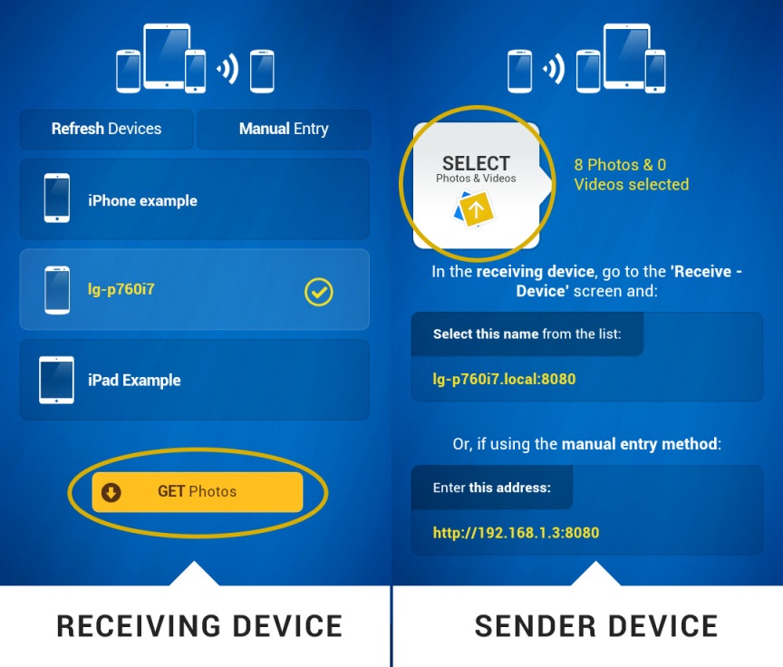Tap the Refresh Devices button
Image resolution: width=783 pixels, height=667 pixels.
(x=106, y=129)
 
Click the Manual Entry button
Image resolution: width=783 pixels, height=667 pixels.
(x=284, y=129)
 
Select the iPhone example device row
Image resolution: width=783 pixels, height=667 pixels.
(x=194, y=200)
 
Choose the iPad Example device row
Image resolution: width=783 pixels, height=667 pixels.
(x=194, y=380)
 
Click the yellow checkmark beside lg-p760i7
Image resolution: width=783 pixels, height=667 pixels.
(x=319, y=292)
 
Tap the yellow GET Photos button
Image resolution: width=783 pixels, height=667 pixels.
(x=198, y=492)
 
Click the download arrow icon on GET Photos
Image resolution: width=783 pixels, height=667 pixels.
(x=111, y=492)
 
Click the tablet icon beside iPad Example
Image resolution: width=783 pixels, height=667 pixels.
(x=56, y=380)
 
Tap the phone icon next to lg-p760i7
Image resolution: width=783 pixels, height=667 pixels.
(x=57, y=290)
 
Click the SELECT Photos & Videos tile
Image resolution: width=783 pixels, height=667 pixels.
(x=477, y=186)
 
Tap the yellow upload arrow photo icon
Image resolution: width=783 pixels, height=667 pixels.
(x=477, y=208)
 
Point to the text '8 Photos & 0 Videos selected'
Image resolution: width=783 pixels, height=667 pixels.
(x=631, y=175)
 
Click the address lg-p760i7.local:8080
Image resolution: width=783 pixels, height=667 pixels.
(x=504, y=379)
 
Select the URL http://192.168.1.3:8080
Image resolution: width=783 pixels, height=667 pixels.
(x=516, y=533)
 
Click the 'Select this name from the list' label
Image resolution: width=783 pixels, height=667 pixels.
(x=527, y=334)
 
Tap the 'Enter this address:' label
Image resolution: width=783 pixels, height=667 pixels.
(x=491, y=488)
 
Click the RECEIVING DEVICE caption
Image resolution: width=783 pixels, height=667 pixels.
(x=199, y=626)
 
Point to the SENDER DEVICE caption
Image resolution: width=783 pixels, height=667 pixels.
(x=595, y=626)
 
